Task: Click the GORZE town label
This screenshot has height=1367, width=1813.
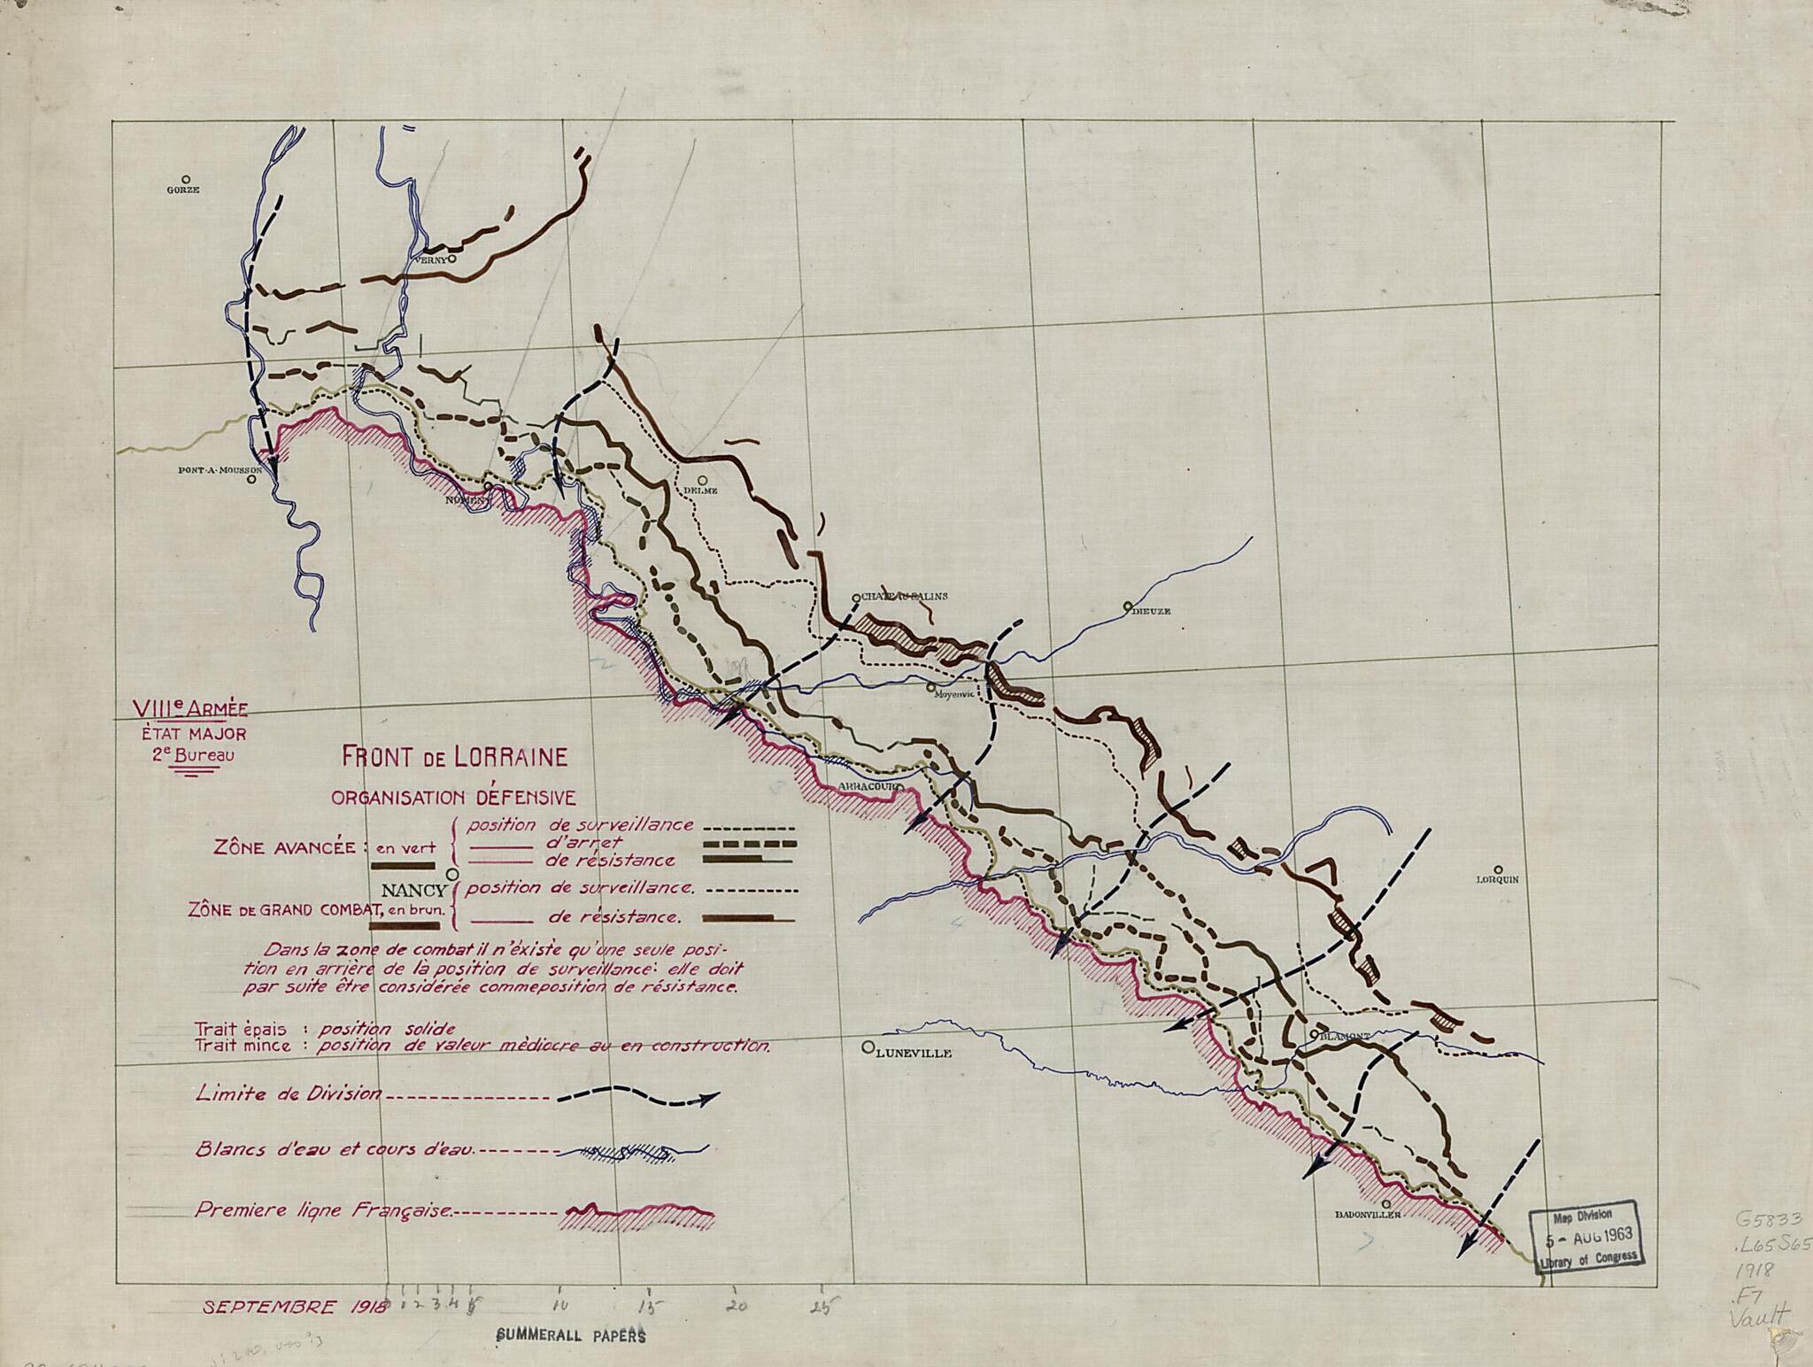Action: [183, 189]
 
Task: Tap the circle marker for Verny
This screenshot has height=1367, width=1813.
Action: [451, 259]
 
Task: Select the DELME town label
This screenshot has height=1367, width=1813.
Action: [699, 490]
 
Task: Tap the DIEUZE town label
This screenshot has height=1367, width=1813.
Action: [1152, 611]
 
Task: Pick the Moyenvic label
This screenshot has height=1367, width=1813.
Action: [954, 695]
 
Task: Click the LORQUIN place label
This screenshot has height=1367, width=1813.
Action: [1497, 880]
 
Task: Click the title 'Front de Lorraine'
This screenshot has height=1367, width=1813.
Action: [454, 758]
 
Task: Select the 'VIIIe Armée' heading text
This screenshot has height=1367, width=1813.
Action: [189, 708]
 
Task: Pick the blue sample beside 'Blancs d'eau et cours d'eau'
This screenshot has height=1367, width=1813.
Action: [634, 1152]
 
